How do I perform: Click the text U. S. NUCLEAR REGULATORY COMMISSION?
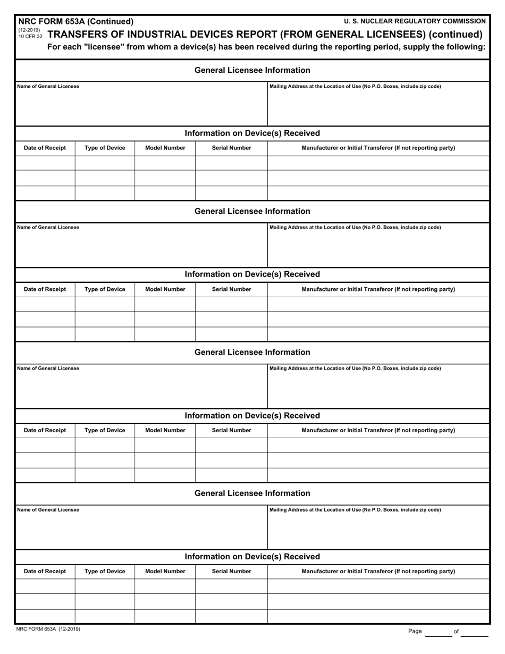pyautogui.click(x=415, y=21)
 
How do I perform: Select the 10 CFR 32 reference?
pyautogui.click(x=30, y=37)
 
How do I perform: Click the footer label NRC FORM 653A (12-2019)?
pyautogui.click(x=49, y=629)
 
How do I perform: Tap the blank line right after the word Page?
pyautogui.click(x=438, y=633)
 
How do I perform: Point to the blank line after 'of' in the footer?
pyautogui.click(x=474, y=633)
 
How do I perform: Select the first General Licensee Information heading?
pyautogui.click(x=252, y=70)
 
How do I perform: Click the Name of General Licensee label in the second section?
pyautogui.click(x=48, y=228)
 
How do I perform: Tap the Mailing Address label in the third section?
pyautogui.click(x=355, y=368)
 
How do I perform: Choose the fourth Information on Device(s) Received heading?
pyautogui.click(x=252, y=557)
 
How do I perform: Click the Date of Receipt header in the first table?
pyautogui.click(x=45, y=148)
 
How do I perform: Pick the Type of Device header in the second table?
pyautogui.click(x=105, y=289)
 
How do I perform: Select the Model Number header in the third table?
pyautogui.click(x=165, y=430)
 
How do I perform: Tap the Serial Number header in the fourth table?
pyautogui.click(x=231, y=571)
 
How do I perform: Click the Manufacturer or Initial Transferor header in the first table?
pyautogui.click(x=378, y=148)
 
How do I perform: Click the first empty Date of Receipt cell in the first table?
pyautogui.click(x=45, y=163)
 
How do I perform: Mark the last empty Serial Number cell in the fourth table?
pyautogui.click(x=231, y=616)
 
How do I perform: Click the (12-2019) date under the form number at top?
pyautogui.click(x=29, y=30)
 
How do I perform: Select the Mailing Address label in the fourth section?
pyautogui.click(x=355, y=510)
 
